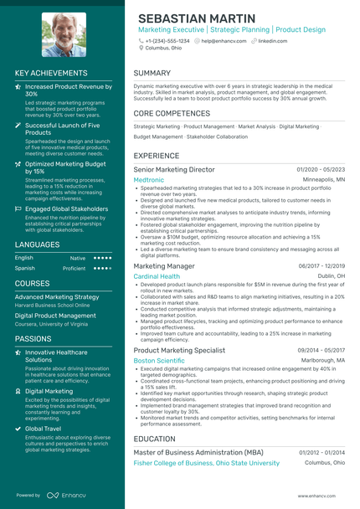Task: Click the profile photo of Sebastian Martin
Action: [x=64, y=33]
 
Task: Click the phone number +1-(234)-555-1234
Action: [x=167, y=40]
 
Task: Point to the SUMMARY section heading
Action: [x=152, y=73]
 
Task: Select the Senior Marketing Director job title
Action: [x=174, y=169]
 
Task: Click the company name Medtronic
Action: [x=148, y=179]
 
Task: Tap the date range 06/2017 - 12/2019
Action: [x=321, y=265]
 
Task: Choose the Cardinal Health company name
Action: [x=157, y=275]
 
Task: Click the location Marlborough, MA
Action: [x=322, y=360]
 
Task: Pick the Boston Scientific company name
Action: [x=159, y=360]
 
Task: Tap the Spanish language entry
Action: [x=24, y=268]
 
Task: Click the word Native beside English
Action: [x=77, y=258]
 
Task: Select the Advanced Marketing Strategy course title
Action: [x=57, y=296]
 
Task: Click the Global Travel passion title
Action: [x=43, y=428]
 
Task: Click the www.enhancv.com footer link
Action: [x=321, y=496]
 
